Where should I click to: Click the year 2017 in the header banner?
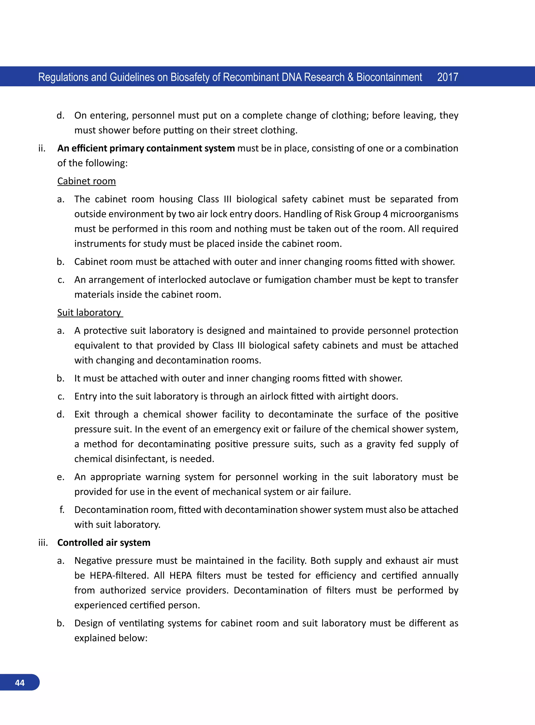point(447,77)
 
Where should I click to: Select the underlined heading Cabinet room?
point(86,181)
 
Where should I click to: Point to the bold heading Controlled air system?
point(104,542)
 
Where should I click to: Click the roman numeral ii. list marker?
point(42,148)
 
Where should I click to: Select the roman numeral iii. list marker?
point(43,542)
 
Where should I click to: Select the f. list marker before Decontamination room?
point(62,510)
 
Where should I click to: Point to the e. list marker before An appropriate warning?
point(61,477)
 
